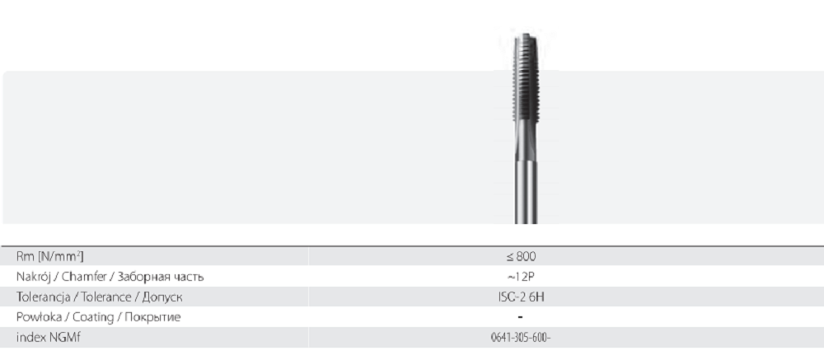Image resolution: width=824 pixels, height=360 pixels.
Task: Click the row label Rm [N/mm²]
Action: pos(50,256)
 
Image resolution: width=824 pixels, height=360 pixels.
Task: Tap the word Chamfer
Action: pos(84,277)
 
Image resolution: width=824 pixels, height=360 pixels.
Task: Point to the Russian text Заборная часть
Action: pos(160,277)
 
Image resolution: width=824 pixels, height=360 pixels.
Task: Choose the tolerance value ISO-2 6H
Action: pos(522,297)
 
